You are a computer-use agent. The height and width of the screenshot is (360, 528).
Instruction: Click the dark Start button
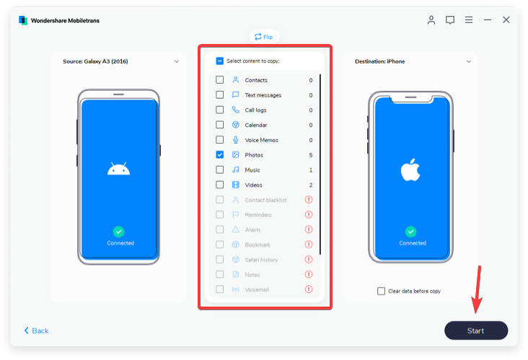point(476,330)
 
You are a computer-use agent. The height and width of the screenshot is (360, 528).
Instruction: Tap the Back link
point(36,330)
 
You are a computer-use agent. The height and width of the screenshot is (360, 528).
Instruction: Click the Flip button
point(264,37)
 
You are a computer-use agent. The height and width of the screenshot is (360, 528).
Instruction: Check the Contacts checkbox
point(219,80)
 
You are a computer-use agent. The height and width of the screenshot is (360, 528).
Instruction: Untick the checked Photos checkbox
point(219,154)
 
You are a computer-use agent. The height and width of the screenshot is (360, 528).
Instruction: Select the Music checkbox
point(219,170)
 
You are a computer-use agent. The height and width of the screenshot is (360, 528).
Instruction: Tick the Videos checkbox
point(219,185)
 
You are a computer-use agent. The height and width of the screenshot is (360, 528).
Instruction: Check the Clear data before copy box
point(381,291)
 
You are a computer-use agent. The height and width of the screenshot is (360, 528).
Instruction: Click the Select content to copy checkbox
point(219,61)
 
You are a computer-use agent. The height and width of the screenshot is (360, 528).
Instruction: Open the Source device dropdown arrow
point(177,61)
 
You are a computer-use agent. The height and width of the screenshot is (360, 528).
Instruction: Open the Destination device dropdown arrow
point(468,61)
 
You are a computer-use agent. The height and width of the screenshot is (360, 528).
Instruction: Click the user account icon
point(431,20)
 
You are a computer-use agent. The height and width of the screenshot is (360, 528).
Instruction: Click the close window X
point(506,20)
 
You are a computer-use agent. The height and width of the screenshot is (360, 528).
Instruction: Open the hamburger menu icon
point(469,20)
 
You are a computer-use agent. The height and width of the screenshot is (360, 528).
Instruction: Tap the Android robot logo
point(118,169)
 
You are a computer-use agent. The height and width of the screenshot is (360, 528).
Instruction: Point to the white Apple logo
point(410,170)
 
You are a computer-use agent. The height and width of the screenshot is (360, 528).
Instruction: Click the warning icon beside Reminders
point(309,214)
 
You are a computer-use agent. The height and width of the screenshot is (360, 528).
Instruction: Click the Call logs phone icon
point(236,110)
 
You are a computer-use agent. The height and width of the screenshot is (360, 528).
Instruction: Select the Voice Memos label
point(261,140)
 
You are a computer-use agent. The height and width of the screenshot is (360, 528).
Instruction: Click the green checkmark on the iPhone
point(410,232)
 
